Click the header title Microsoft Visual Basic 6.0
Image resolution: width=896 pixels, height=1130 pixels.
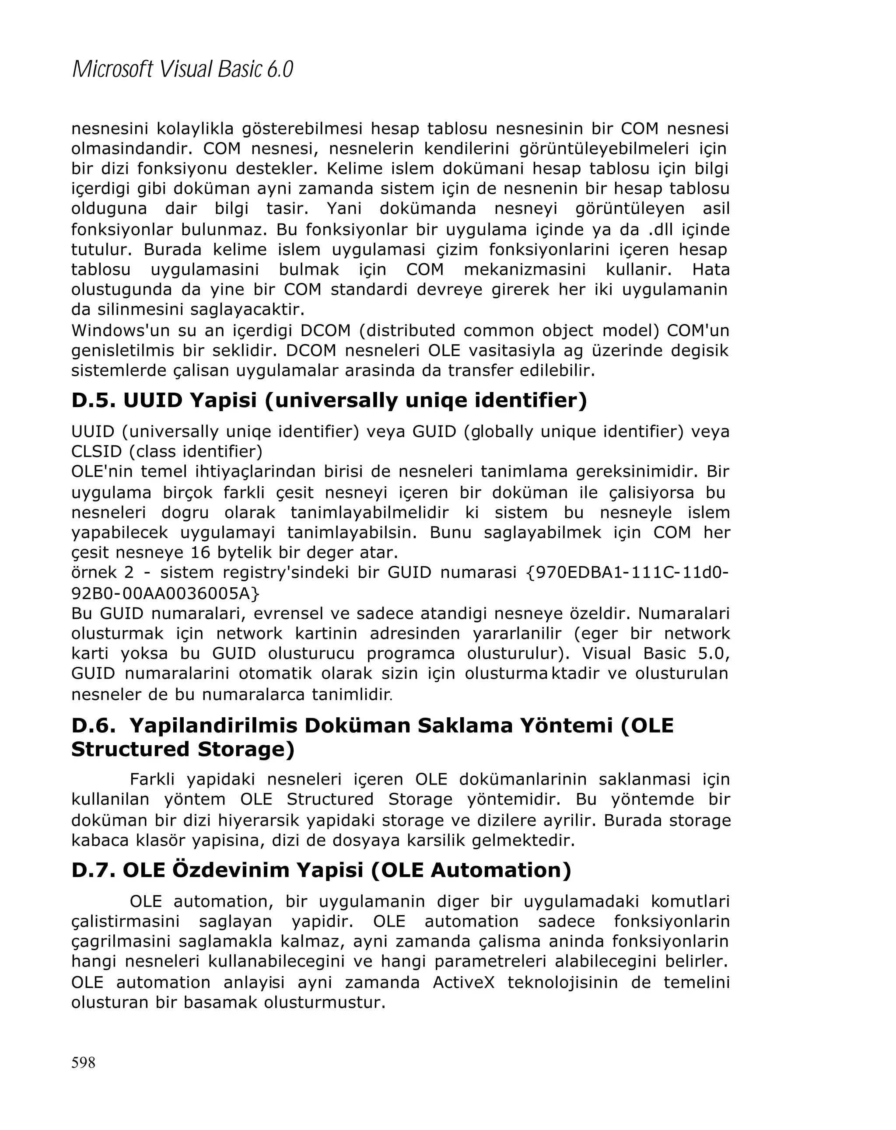[x=182, y=70]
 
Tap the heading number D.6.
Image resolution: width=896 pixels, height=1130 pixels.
[x=93, y=726]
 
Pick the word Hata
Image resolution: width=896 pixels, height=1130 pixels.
[x=710, y=270]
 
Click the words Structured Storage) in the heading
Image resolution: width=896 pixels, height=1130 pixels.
[x=183, y=750]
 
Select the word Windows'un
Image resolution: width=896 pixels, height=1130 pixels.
[x=106, y=331]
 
